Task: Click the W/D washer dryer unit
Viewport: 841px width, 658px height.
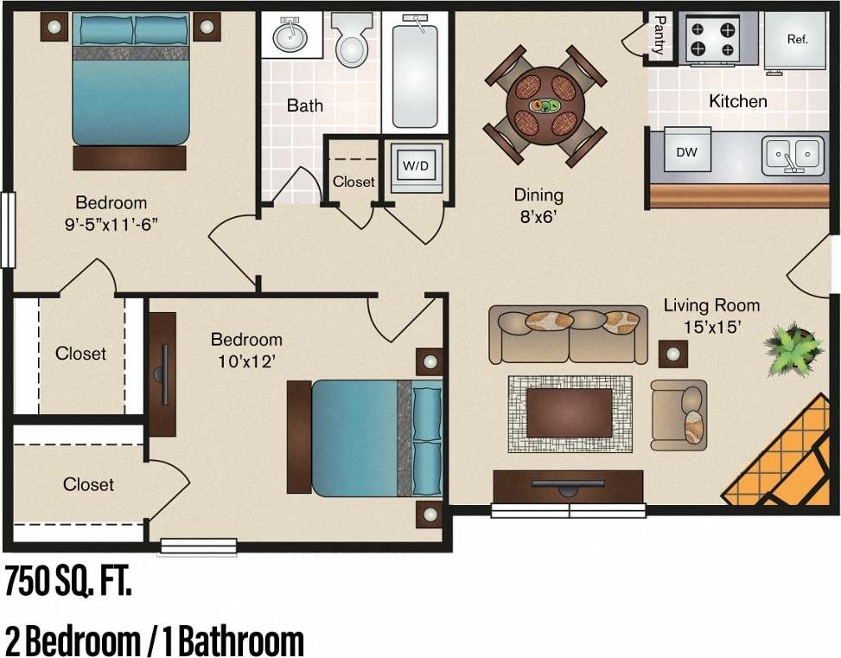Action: point(417,165)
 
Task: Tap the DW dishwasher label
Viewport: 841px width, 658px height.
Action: point(687,153)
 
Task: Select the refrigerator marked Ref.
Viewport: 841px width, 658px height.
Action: point(795,41)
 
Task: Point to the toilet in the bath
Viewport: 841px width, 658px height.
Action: point(351,41)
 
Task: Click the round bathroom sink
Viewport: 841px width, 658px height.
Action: point(290,36)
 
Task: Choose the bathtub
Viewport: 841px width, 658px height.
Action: point(416,73)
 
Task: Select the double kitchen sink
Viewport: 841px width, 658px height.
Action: point(792,155)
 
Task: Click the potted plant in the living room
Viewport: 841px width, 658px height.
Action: point(792,347)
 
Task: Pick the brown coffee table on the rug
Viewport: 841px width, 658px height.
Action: point(569,412)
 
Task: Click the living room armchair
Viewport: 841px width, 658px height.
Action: point(679,414)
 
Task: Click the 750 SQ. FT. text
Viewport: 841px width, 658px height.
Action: point(69,582)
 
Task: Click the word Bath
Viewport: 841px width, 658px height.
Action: point(305,105)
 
